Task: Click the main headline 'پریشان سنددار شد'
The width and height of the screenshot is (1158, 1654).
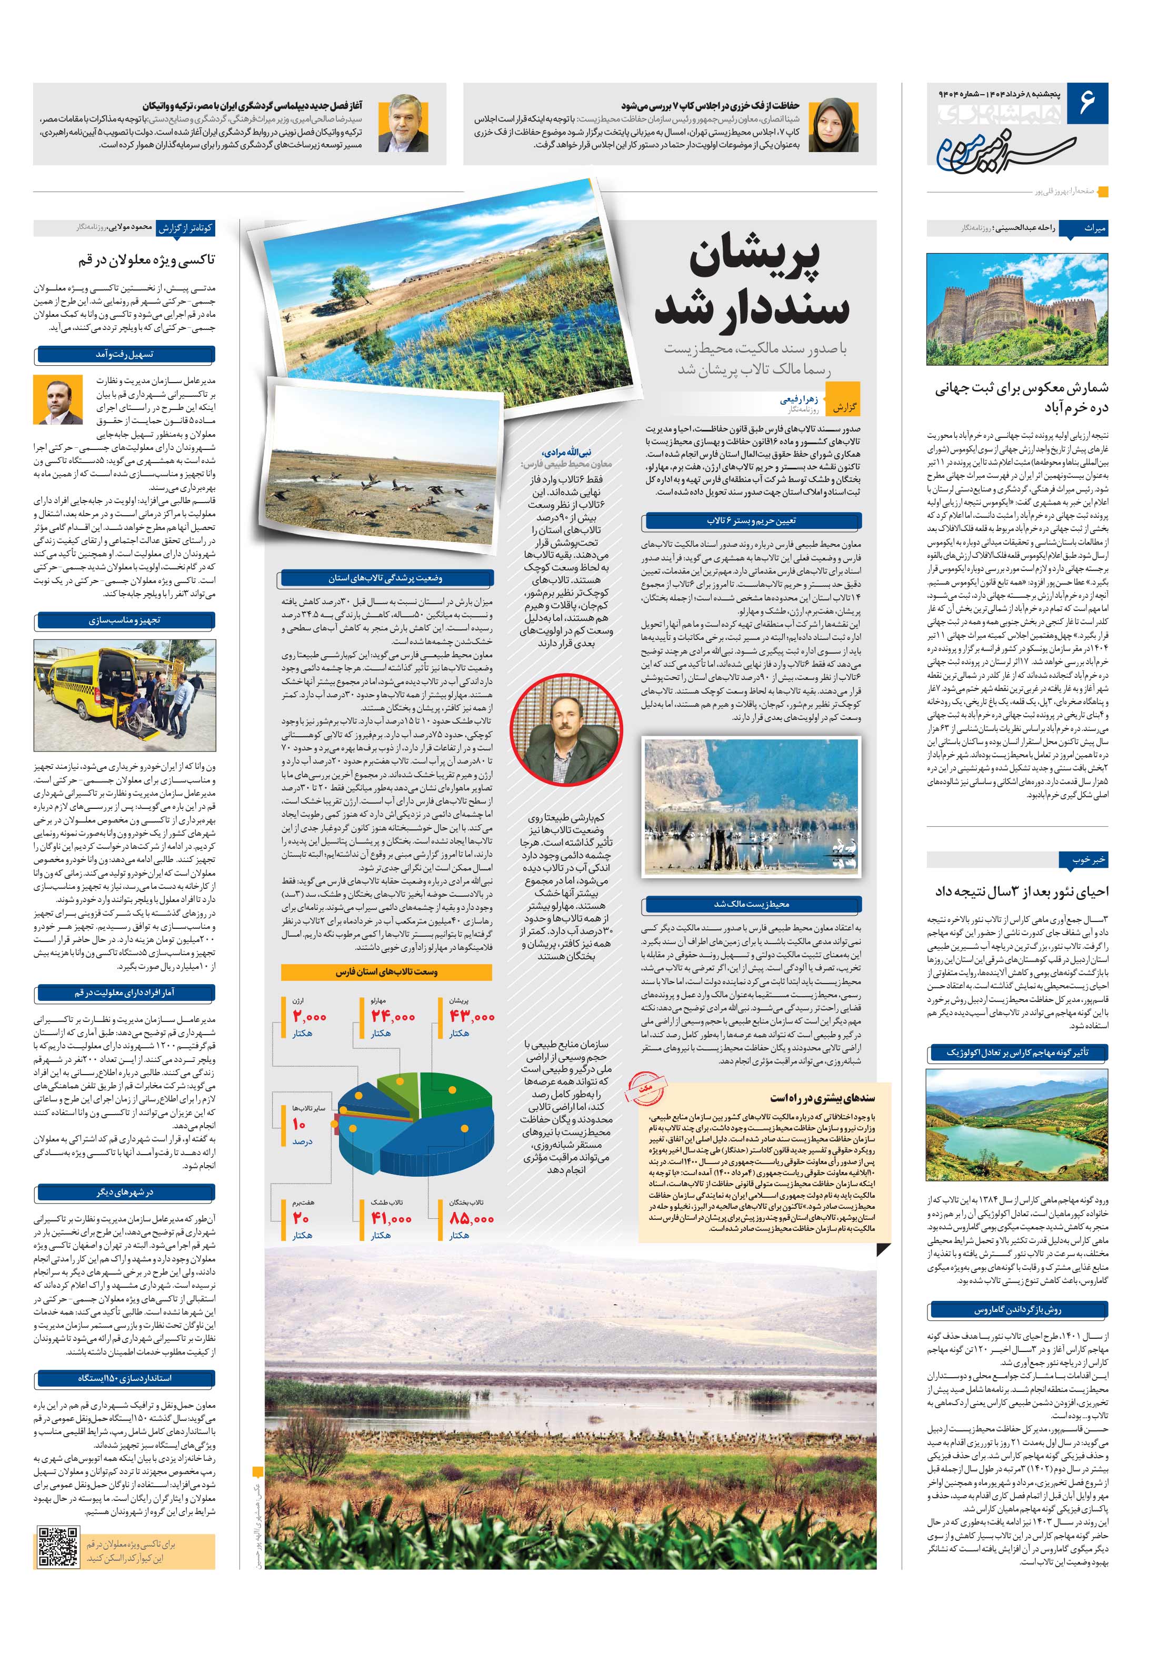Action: (754, 283)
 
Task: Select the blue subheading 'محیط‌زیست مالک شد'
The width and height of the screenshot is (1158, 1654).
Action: (751, 904)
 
